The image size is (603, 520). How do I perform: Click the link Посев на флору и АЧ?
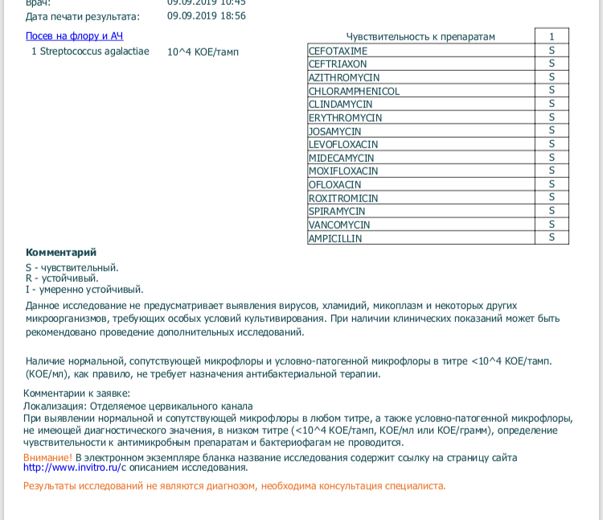74,36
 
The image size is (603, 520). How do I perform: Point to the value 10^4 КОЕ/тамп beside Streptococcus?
203,52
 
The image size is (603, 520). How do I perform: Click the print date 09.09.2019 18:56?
207,15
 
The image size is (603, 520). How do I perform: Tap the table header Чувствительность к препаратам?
420,37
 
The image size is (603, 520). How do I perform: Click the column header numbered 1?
552,37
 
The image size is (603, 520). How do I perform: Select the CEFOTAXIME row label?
338,51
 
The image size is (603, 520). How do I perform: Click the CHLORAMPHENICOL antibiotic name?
354,91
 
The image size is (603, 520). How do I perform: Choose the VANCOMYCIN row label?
339,225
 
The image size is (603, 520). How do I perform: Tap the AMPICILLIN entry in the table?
335,239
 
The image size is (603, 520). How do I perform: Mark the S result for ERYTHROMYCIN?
552,118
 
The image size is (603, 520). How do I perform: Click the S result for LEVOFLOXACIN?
552,145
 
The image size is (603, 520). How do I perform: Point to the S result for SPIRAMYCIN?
552,212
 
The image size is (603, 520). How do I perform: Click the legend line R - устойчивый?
59,279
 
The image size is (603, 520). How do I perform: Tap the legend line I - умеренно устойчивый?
84,289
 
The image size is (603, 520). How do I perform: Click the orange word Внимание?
47,457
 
